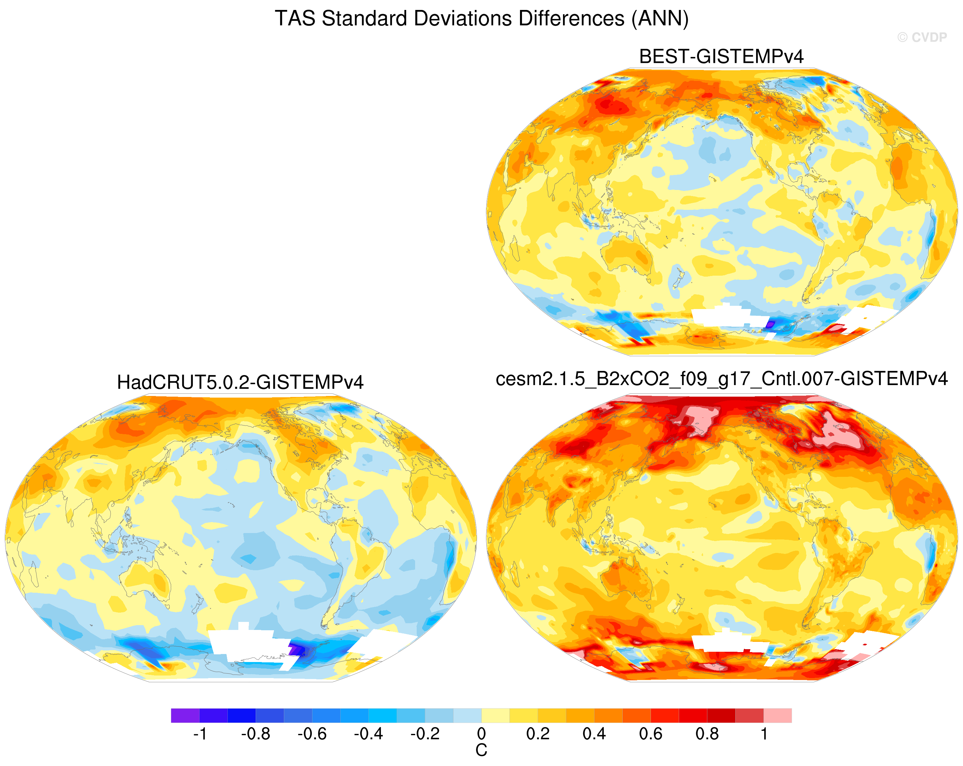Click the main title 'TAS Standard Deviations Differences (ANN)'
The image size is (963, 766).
(x=481, y=19)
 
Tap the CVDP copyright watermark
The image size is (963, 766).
(x=922, y=38)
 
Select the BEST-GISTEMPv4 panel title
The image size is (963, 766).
(x=721, y=56)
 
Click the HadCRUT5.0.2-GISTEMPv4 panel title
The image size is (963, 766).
(x=240, y=382)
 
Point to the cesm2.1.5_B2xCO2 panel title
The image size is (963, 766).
(x=722, y=379)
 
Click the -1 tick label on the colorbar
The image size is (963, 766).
(x=200, y=734)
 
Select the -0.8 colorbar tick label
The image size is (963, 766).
(x=256, y=734)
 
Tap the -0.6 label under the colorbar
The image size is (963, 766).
(x=312, y=734)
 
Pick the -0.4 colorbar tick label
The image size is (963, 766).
(x=369, y=734)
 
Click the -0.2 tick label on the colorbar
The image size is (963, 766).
(x=425, y=734)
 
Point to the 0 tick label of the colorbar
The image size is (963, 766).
(x=481, y=734)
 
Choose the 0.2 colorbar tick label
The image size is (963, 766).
(x=538, y=734)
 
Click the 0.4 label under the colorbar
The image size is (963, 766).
(x=594, y=734)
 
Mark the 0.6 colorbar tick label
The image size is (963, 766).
(x=651, y=734)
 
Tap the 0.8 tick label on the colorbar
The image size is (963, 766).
(x=707, y=734)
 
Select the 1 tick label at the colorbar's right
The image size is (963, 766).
(x=764, y=734)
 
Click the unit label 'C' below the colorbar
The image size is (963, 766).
(x=481, y=750)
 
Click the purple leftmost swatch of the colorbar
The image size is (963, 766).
(x=185, y=716)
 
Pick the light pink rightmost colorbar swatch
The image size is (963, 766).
(x=778, y=716)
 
